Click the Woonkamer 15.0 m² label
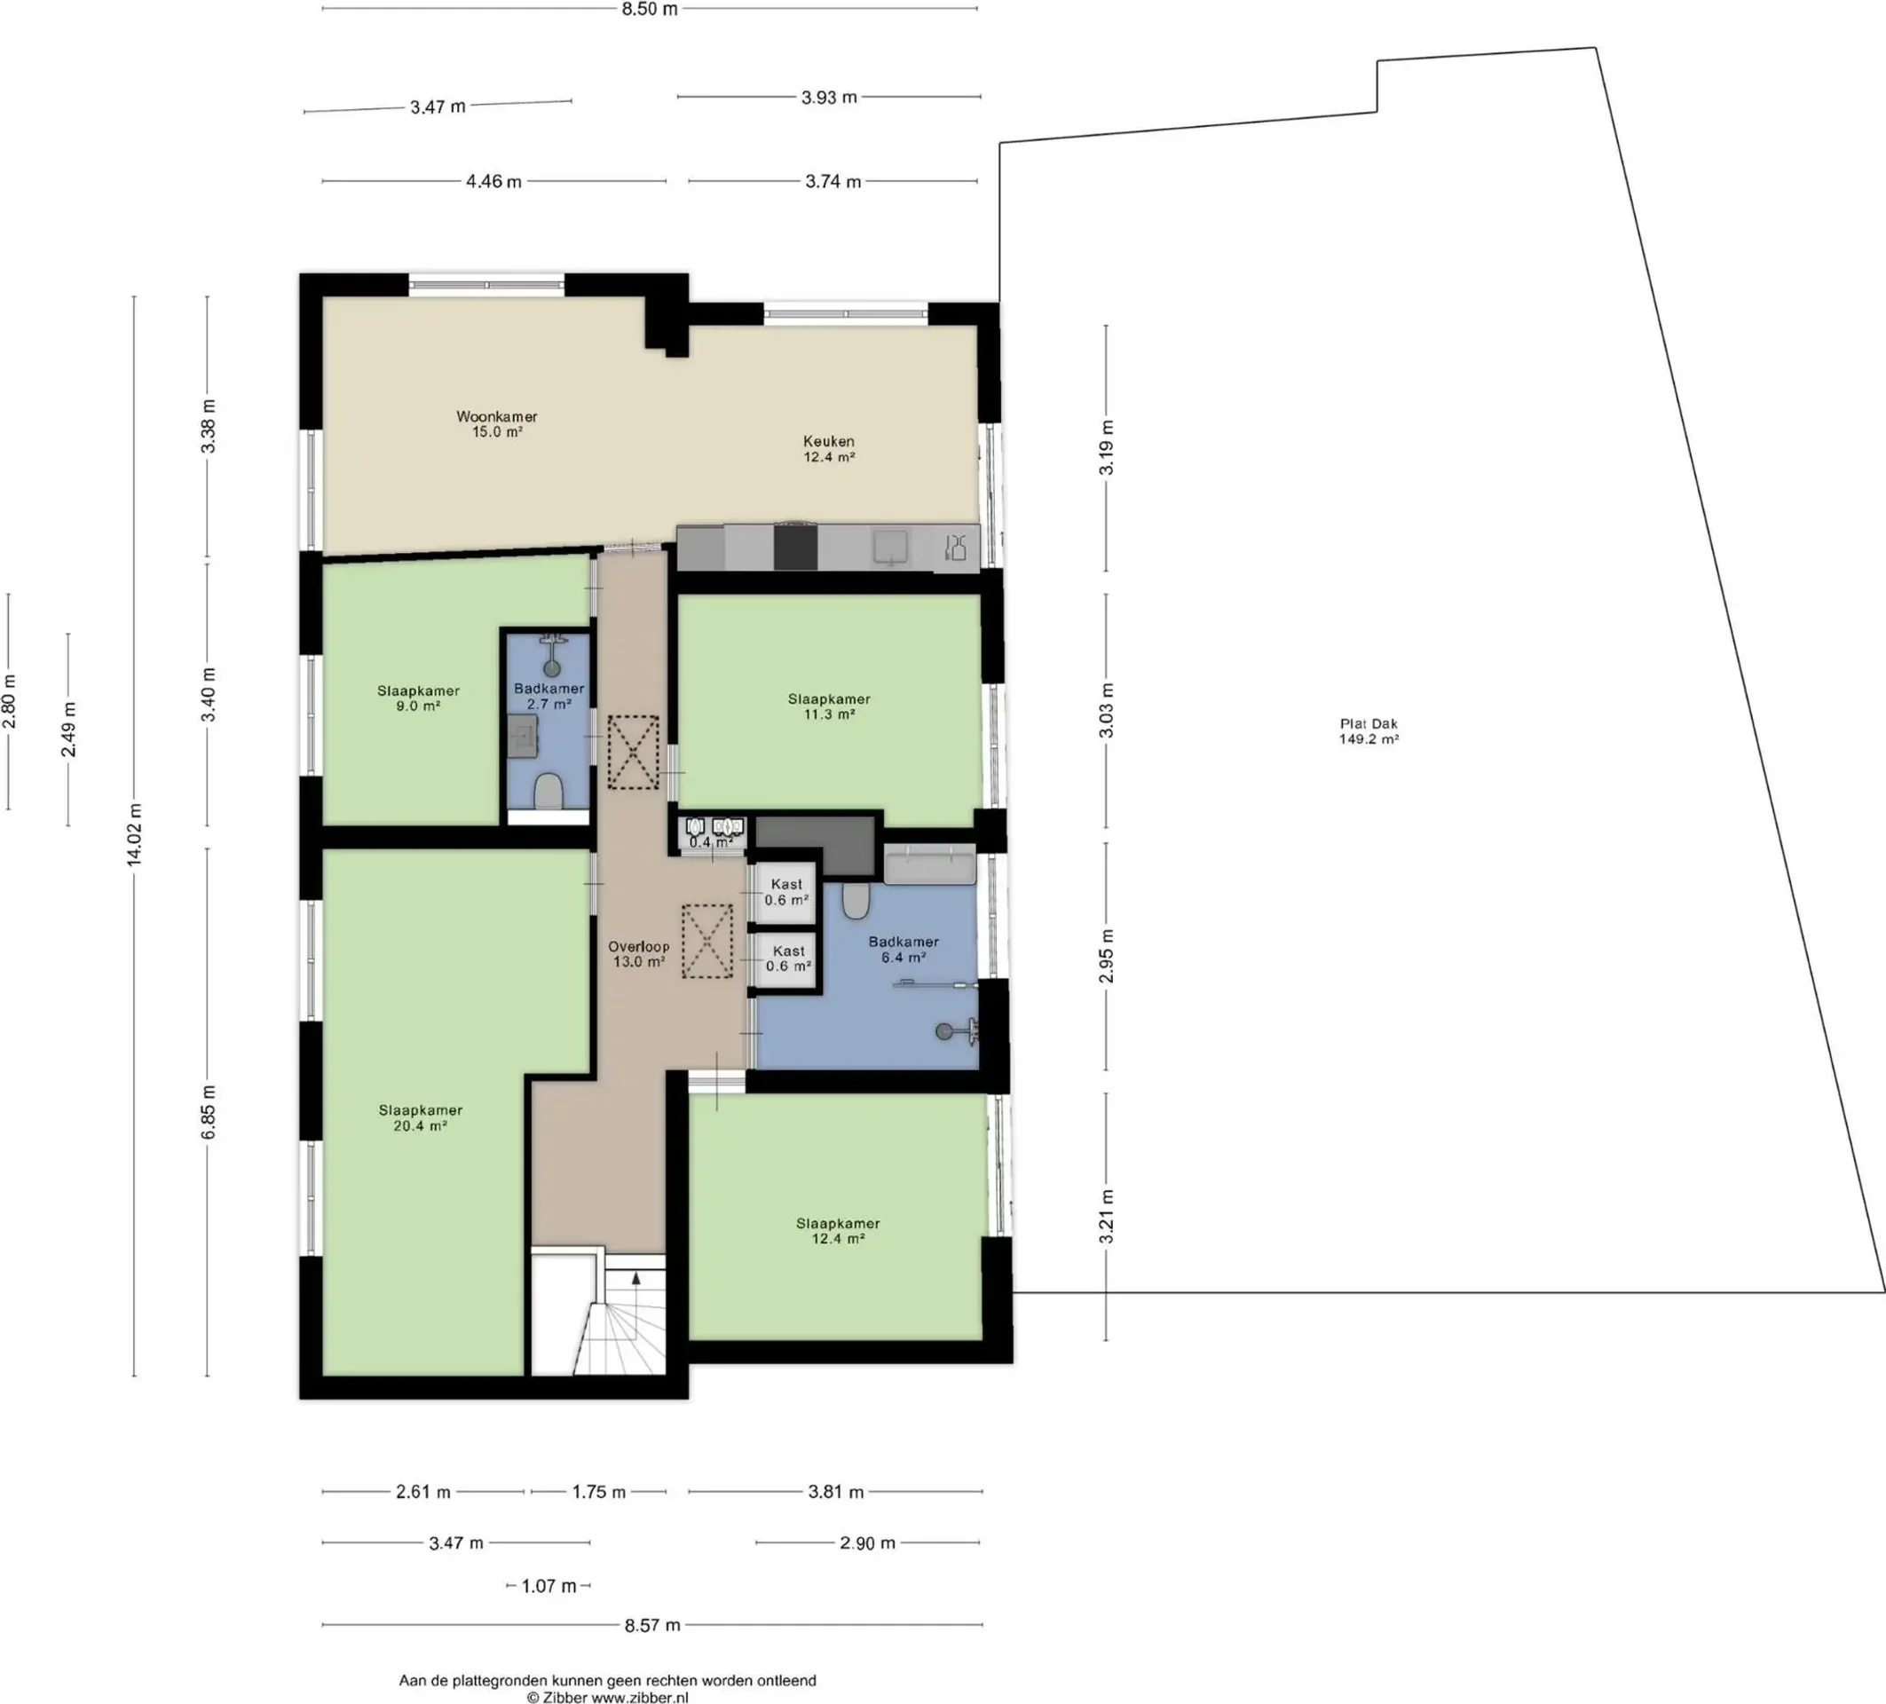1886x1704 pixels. click(497, 423)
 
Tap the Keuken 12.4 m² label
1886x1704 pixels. click(829, 449)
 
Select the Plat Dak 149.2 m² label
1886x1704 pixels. click(1369, 730)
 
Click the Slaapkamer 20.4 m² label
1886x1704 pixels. click(420, 1117)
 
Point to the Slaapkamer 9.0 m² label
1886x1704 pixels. click(418, 698)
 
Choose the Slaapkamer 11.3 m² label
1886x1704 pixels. click(829, 706)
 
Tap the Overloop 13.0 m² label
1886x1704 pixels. click(639, 954)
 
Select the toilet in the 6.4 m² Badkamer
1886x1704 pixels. click(856, 901)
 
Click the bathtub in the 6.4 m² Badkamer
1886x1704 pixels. click(930, 865)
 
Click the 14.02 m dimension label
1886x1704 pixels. click(136, 834)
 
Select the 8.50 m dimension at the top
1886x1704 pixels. click(650, 10)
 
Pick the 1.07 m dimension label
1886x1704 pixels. click(548, 1585)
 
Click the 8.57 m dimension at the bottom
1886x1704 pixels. click(652, 1624)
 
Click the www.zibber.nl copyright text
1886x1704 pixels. click(607, 1697)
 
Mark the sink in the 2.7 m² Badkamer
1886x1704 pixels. click(523, 738)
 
